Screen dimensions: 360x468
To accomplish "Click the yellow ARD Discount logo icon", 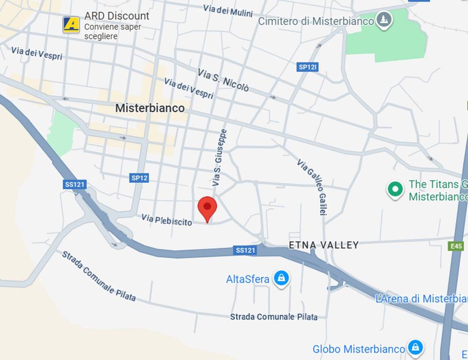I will [x=71, y=24].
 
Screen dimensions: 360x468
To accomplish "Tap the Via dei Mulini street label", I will [x=228, y=10].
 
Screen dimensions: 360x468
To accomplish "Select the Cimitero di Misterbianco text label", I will [x=316, y=21].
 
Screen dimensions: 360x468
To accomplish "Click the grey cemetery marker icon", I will [x=385, y=20].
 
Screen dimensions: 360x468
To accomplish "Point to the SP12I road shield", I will [x=308, y=67].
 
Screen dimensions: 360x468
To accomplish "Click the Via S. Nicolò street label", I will [x=223, y=80].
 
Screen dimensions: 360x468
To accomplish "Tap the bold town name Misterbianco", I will [x=150, y=108].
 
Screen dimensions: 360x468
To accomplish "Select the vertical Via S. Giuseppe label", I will [x=219, y=157].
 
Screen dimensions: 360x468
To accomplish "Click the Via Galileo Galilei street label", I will [x=311, y=187].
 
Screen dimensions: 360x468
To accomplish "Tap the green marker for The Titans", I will [x=395, y=190].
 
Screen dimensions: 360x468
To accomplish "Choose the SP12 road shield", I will [x=139, y=178].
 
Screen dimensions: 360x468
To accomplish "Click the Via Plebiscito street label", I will [x=166, y=219].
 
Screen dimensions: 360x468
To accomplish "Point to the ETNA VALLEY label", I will [x=324, y=245].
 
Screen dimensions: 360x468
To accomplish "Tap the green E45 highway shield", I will [x=456, y=246].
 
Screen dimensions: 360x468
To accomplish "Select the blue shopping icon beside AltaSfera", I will [x=281, y=278].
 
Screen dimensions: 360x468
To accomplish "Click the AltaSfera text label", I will [x=248, y=279].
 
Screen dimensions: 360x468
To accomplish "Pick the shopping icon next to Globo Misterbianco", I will [x=415, y=348].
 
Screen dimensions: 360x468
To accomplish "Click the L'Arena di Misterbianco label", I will [x=421, y=299].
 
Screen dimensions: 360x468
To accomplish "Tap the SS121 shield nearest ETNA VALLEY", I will [x=245, y=250].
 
